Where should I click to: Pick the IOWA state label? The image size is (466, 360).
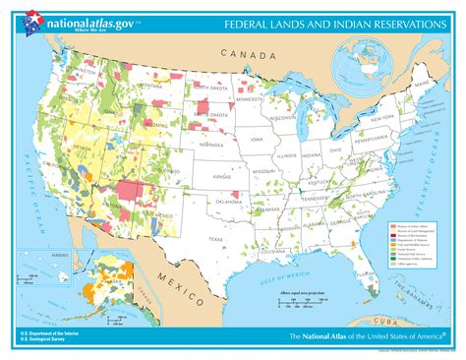(257, 139)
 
